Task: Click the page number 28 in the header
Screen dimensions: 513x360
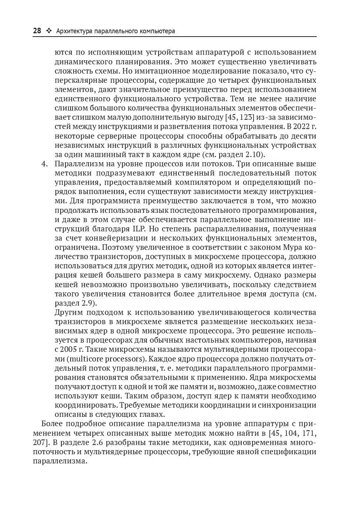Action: coord(37,31)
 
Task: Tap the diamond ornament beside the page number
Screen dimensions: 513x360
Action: coord(48,31)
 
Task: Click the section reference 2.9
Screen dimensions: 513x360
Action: coord(88,303)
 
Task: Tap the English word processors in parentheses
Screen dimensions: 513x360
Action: coord(126,359)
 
